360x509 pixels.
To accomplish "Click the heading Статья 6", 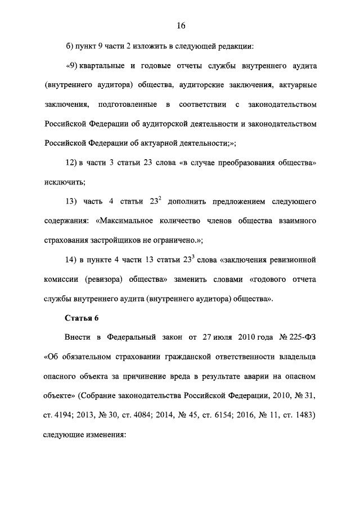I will pyautogui.click(x=82, y=318).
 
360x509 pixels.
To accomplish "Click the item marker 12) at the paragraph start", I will pyautogui.click(x=71, y=163).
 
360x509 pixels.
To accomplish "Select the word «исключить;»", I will pyautogui.click(x=64, y=182).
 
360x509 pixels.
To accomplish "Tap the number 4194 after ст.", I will pyautogui.click(x=66, y=415).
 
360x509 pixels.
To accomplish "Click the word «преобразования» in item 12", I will pyautogui.click(x=237, y=163).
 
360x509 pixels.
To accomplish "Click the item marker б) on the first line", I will pyautogui.click(x=69, y=46).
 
